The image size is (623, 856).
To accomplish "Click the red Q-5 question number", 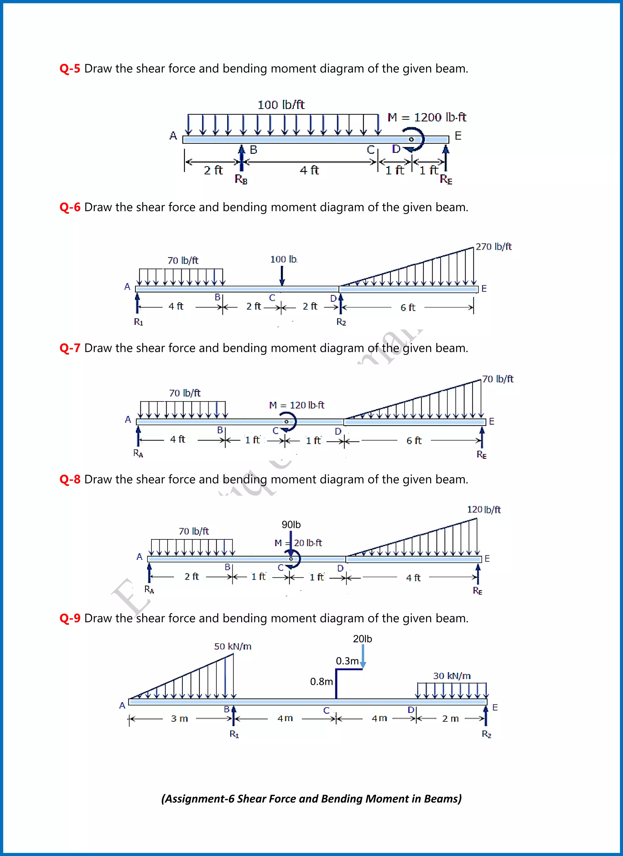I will (x=70, y=69).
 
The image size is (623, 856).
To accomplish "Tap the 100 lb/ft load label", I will (x=281, y=105).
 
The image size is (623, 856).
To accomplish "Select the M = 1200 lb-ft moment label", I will (x=426, y=117).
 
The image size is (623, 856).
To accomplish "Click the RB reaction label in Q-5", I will (x=241, y=179).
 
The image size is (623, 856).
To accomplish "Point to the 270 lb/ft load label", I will (x=493, y=246).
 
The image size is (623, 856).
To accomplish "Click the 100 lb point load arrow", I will (x=282, y=276).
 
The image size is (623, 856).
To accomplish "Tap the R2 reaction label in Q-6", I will (x=341, y=321).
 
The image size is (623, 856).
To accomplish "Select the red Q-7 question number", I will (x=70, y=348).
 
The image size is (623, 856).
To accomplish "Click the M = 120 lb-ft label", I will (x=297, y=405).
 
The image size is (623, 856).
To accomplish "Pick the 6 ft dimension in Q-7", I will (x=413, y=440).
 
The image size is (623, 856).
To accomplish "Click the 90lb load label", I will (x=291, y=524).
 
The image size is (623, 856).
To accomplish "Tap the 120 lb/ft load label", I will (x=484, y=510).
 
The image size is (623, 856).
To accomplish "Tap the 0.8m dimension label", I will (x=321, y=681).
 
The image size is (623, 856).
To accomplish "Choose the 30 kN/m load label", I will (x=451, y=676).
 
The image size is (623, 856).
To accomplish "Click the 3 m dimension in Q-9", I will (x=179, y=718).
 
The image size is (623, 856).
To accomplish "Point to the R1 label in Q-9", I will (x=234, y=734).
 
